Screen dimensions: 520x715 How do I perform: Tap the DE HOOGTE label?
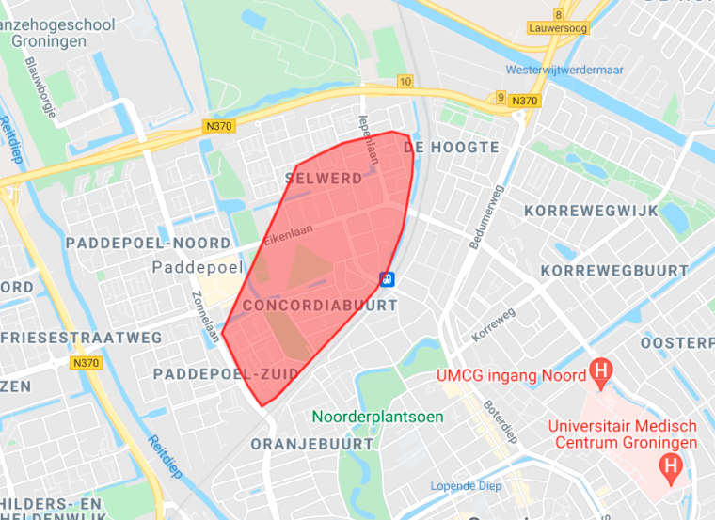(x=451, y=148)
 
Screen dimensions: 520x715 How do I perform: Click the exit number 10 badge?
(x=405, y=82)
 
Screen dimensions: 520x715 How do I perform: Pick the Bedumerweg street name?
(x=485, y=216)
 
